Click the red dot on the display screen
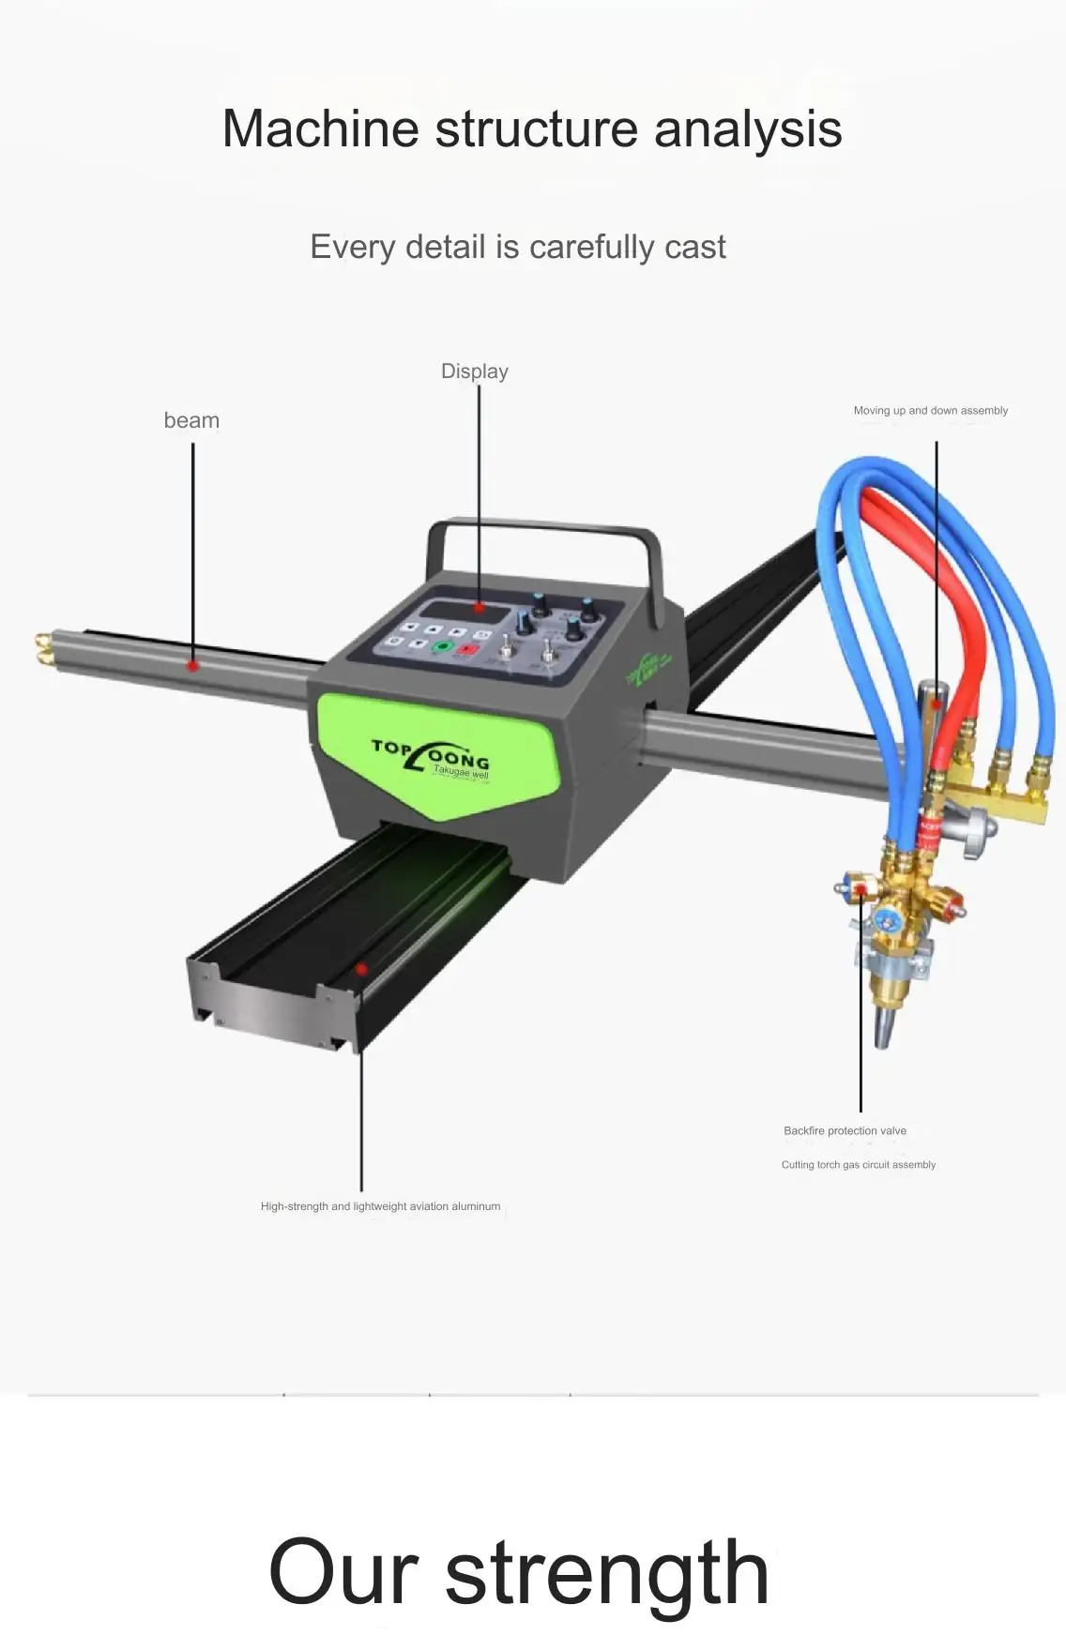(x=480, y=608)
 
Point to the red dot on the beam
(x=192, y=666)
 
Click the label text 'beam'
(x=191, y=420)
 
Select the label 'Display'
(x=475, y=371)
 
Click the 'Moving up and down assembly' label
(x=930, y=411)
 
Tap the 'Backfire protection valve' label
(x=845, y=1131)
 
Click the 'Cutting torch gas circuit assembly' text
(x=858, y=1165)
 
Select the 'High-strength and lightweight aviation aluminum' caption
(x=380, y=1206)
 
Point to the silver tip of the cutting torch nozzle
(x=884, y=1031)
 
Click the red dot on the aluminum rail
(x=360, y=969)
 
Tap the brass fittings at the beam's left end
(x=42, y=648)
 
